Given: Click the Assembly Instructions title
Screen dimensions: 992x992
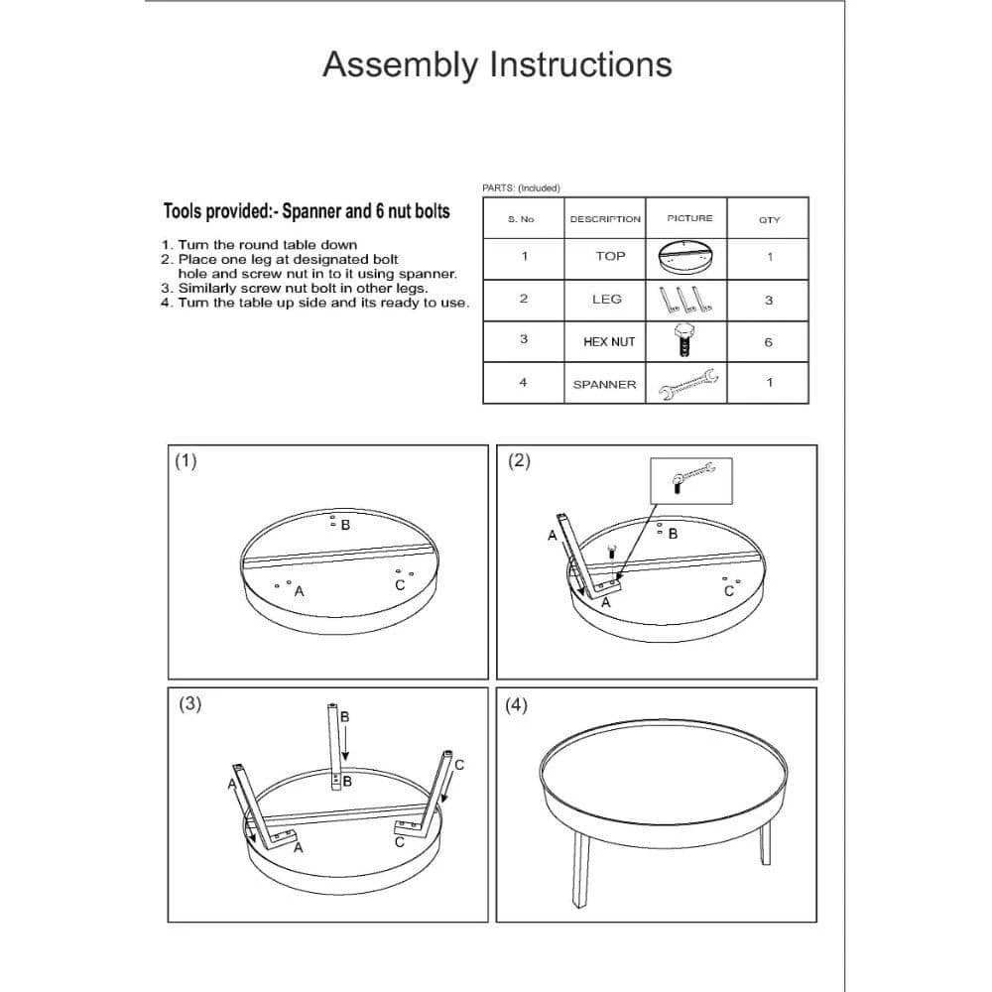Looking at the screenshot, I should [497, 64].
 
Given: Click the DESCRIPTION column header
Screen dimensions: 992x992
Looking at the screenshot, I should [605, 218].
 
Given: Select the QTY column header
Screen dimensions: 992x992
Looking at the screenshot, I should [769, 219].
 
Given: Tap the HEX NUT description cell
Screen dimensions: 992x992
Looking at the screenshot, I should [609, 341].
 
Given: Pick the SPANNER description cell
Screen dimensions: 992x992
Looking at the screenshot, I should [604, 384].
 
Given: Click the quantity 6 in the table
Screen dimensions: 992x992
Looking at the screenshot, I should [769, 342].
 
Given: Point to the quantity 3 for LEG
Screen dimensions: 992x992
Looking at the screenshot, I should [769, 300].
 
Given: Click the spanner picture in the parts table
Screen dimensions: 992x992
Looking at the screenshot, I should [688, 384].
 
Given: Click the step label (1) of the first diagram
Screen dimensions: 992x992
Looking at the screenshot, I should [186, 460].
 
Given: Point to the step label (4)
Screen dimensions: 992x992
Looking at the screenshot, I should [517, 704].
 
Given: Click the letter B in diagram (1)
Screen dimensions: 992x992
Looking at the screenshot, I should [345, 525].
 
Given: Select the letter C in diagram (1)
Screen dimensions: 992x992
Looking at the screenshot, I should [400, 585].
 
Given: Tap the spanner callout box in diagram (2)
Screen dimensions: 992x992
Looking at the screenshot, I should [690, 480].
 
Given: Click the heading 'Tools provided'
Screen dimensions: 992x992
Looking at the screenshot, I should [306, 211].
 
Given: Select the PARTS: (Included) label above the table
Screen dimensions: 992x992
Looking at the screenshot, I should [521, 187].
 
